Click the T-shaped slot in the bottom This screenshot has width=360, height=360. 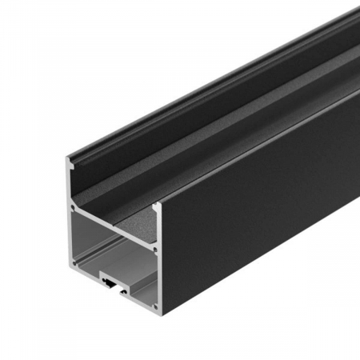109,281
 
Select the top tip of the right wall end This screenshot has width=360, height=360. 158,206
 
